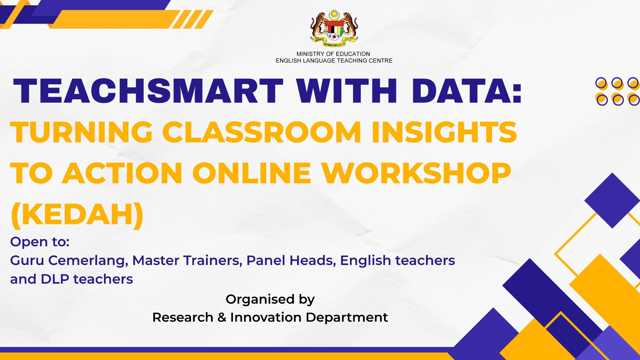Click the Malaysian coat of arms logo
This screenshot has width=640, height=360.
(334, 29)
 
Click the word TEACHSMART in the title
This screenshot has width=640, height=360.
(148, 91)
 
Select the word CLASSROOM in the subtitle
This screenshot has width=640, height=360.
(262, 132)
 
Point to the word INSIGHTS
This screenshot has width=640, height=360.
(444, 132)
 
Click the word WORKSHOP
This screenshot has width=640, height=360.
(416, 173)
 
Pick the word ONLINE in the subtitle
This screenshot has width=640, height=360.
(252, 173)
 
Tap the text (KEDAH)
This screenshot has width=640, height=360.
(77, 215)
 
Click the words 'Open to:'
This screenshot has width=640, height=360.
(40, 242)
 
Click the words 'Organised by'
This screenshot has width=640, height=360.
(270, 299)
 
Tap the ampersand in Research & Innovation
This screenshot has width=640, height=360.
(222, 317)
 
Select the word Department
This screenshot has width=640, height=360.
(347, 318)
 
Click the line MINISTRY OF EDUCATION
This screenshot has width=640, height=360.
(333, 54)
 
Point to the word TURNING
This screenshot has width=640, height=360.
(81, 132)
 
